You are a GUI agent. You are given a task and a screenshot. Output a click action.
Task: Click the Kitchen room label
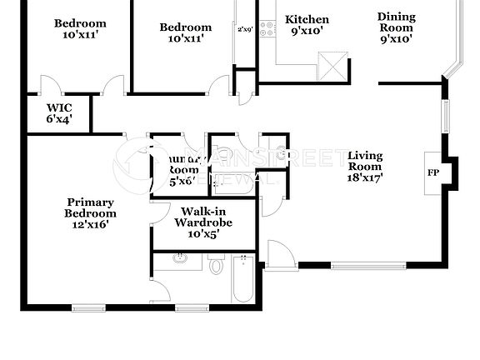click(x=307, y=19)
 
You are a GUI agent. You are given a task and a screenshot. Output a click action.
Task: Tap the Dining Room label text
click(x=396, y=22)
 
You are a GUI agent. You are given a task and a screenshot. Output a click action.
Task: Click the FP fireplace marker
click(x=433, y=172)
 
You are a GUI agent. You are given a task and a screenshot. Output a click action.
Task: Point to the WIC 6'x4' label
click(x=60, y=113)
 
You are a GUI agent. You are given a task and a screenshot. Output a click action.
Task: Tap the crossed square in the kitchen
click(x=332, y=65)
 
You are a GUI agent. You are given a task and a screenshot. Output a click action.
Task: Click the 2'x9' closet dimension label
click(x=245, y=30)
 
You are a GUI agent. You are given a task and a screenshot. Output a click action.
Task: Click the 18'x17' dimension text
click(x=364, y=177)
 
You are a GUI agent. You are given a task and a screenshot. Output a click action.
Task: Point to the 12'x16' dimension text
click(x=91, y=223)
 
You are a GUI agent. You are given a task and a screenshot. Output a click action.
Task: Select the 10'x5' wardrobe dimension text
click(x=202, y=235)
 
